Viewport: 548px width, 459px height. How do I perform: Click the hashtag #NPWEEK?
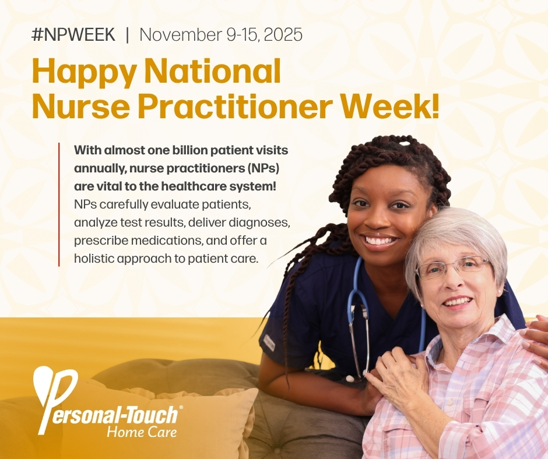click(x=73, y=34)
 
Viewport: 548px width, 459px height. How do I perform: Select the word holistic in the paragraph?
click(x=95, y=258)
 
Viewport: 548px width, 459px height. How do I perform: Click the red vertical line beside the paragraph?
click(x=59, y=204)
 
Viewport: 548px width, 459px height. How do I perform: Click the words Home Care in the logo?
click(x=142, y=432)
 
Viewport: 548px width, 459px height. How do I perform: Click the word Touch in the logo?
click(x=153, y=415)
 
